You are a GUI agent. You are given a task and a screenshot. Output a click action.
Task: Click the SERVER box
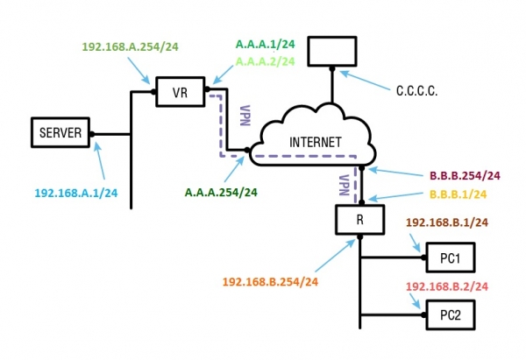pyautogui.click(x=60, y=133)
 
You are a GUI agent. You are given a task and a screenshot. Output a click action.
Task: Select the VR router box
pyautogui.click(x=180, y=92)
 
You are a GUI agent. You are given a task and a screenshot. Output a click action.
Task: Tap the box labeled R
pyautogui.click(x=360, y=219)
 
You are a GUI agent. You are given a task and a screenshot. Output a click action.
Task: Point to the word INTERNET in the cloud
pyautogui.click(x=316, y=142)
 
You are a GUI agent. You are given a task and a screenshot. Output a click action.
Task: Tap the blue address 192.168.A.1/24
pyautogui.click(x=75, y=193)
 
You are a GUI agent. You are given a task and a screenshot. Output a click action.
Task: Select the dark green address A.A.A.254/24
pyautogui.click(x=225, y=191)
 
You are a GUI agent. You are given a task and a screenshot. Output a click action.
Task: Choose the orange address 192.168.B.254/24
pyautogui.click(x=270, y=282)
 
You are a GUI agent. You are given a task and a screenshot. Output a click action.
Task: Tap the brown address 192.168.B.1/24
pyautogui.click(x=445, y=223)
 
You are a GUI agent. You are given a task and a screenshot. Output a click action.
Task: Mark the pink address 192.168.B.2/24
pyautogui.click(x=446, y=286)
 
